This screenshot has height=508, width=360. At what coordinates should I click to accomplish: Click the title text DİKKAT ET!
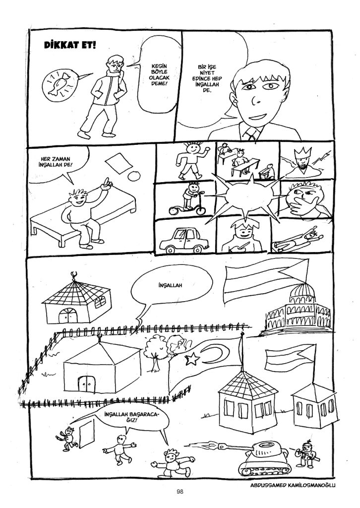pos(70,45)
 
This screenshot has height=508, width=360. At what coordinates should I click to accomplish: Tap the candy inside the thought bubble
pos(61,83)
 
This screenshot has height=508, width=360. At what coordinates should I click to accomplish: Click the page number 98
pos(180,492)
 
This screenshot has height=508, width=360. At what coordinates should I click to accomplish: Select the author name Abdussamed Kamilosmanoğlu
pos(293,485)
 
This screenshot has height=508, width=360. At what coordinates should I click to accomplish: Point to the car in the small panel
pos(184,241)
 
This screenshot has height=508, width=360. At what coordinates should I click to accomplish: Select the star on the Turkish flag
pos(192,358)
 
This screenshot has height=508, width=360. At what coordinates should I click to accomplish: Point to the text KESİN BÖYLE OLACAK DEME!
pos(159,74)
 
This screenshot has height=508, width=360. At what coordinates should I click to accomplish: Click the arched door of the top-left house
pos(68,316)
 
